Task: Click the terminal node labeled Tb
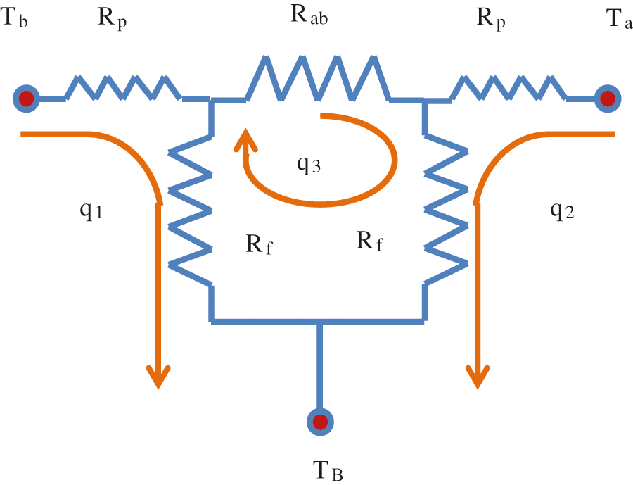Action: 26,98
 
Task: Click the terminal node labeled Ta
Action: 607,98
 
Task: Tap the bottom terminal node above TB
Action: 320,422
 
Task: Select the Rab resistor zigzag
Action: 316,77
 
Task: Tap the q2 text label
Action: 561,210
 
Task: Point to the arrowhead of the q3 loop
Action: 245,140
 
